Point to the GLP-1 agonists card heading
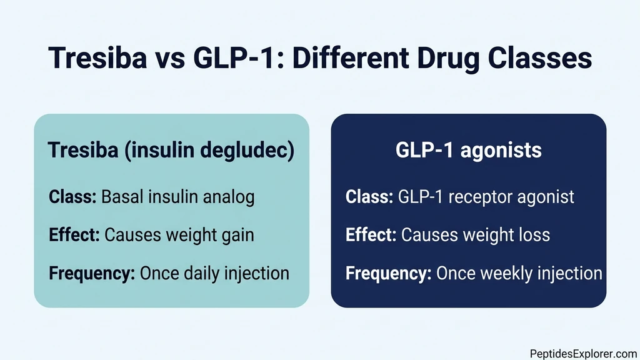pyautogui.click(x=468, y=152)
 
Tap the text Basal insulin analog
pyautogui.click(x=177, y=197)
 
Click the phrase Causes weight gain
pyautogui.click(x=179, y=235)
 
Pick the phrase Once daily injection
pyautogui.click(x=214, y=273)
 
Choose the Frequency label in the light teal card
pyautogui.click(x=92, y=273)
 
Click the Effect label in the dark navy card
pyautogui.click(x=371, y=235)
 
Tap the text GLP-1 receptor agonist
pyautogui.click(x=486, y=197)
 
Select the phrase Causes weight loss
pyautogui.click(x=476, y=235)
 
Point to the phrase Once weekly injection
pyautogui.click(x=519, y=273)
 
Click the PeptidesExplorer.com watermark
pyautogui.click(x=582, y=352)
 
